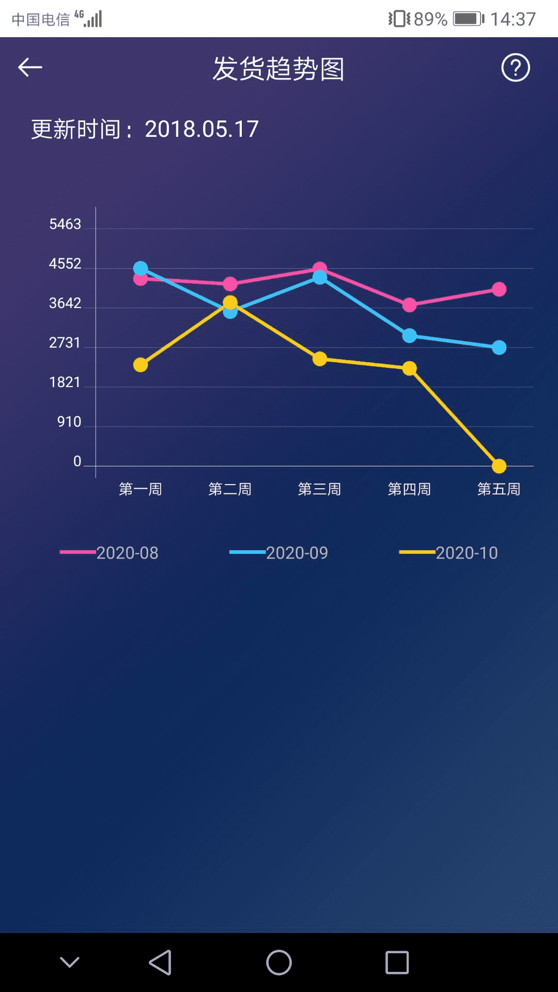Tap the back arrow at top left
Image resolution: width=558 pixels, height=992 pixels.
pos(30,68)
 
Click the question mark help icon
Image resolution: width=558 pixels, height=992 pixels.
pos(515,68)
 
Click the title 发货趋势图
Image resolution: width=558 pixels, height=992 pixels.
pos(278,69)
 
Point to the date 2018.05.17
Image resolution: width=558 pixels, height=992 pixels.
pos(202,129)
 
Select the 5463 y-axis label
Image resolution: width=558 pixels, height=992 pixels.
pos(65,224)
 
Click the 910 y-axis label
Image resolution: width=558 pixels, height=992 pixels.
pos(69,422)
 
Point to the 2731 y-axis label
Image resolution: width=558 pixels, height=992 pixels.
pos(65,343)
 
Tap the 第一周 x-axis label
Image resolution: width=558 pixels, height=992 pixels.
pos(141,489)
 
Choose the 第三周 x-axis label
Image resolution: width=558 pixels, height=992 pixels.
pos(319,489)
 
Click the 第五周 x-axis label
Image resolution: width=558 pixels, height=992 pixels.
pos(499,489)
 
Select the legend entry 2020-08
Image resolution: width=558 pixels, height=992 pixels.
pos(110,553)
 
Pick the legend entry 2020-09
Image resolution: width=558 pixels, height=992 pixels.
pos(279,553)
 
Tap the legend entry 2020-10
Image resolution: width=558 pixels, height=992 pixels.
pos(448,553)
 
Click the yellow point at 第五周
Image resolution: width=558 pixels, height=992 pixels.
pos(499,466)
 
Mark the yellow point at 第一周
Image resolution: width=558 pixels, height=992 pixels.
pos(141,365)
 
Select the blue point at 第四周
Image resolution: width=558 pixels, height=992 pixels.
pos(409,336)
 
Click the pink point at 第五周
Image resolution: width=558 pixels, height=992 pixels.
pos(499,289)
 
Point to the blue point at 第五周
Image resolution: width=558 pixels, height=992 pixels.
pos(499,348)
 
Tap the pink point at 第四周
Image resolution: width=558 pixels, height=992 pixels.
pos(409,305)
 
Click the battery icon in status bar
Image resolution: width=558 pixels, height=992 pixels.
pos(468,19)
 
